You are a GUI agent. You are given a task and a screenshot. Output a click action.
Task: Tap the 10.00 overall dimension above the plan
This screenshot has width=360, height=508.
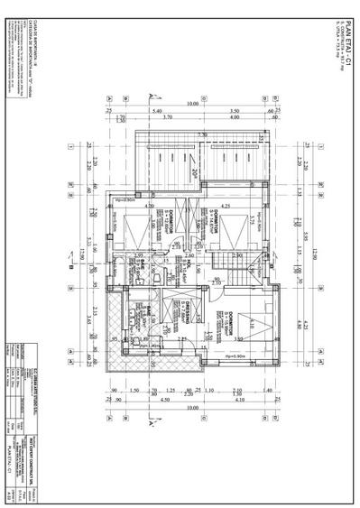(x=191, y=103)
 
